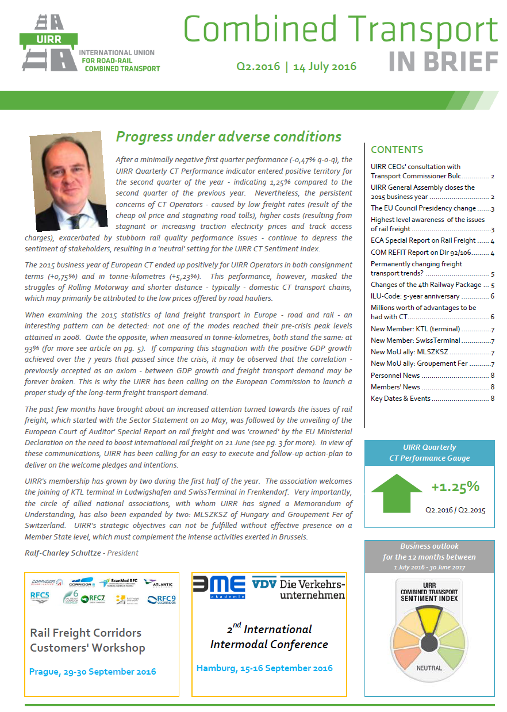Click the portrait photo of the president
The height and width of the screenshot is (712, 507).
pyautogui.click(x=64, y=181)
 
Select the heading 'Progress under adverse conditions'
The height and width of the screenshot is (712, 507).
pyautogui.click(x=228, y=137)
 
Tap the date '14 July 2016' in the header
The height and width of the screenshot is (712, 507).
pyautogui.click(x=325, y=66)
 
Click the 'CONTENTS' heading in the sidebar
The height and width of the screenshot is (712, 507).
pyautogui.click(x=397, y=150)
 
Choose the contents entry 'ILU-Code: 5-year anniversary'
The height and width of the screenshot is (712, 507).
pyautogui.click(x=415, y=296)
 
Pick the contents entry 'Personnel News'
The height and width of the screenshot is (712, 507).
pyautogui.click(x=395, y=376)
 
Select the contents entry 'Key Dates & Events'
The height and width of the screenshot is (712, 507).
pyautogui.click(x=401, y=399)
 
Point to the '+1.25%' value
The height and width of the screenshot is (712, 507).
pyautogui.click(x=455, y=487)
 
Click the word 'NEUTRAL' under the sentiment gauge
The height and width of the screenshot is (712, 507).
pyautogui.click(x=429, y=668)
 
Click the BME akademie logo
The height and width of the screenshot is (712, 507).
pyautogui.click(x=219, y=587)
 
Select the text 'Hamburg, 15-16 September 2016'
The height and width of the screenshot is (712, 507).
pyautogui.click(x=264, y=668)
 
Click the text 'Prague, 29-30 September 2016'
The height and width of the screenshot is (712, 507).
pyautogui.click(x=93, y=671)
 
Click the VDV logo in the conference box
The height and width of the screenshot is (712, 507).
pyautogui.click(x=264, y=584)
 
